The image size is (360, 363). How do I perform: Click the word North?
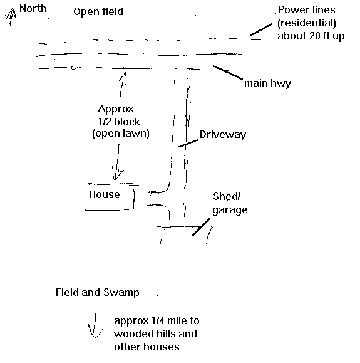point(33,9)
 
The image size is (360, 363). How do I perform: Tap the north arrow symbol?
point(11,16)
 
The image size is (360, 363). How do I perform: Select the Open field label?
point(98,11)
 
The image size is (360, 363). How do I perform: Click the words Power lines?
point(306,10)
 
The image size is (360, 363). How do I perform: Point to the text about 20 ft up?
point(311,36)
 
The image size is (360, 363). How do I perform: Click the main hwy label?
point(267,83)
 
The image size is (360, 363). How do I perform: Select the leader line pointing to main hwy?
point(228,72)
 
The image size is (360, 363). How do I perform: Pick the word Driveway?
point(223,135)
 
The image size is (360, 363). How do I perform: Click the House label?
point(105,194)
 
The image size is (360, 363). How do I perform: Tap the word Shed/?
point(227,197)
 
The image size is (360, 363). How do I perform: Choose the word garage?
point(230,210)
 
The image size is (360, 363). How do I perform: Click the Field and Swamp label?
point(97,292)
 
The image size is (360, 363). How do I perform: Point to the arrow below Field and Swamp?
point(95,322)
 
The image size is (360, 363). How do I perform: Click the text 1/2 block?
point(119,122)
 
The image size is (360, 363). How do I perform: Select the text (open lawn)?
point(121,134)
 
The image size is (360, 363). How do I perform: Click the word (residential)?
point(307,23)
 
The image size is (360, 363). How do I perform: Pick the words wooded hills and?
point(155,334)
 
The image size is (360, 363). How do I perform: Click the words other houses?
point(147,347)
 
